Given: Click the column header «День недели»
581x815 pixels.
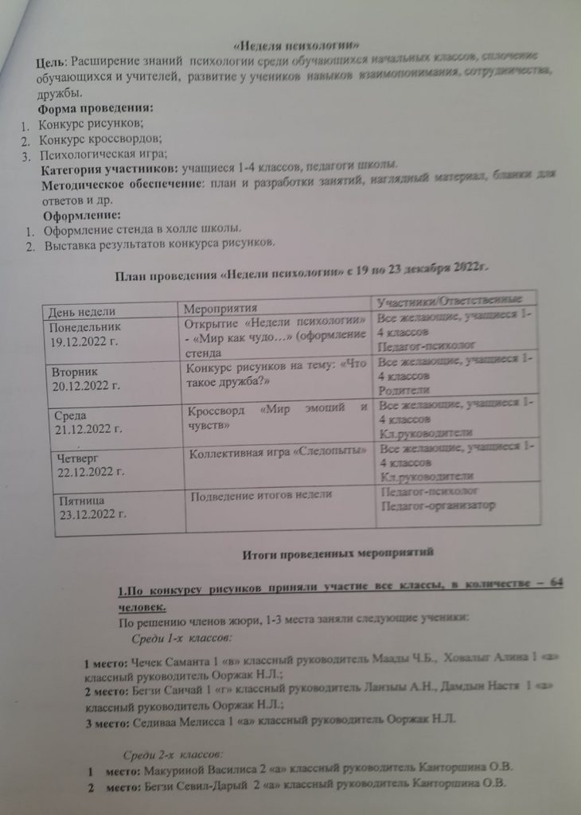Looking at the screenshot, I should click(x=83, y=310).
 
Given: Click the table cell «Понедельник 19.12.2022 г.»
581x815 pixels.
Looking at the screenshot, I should click(x=88, y=335).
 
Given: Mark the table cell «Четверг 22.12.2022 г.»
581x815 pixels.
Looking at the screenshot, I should click(x=88, y=466).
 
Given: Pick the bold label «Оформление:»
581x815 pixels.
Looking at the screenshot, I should click(x=81, y=216).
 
